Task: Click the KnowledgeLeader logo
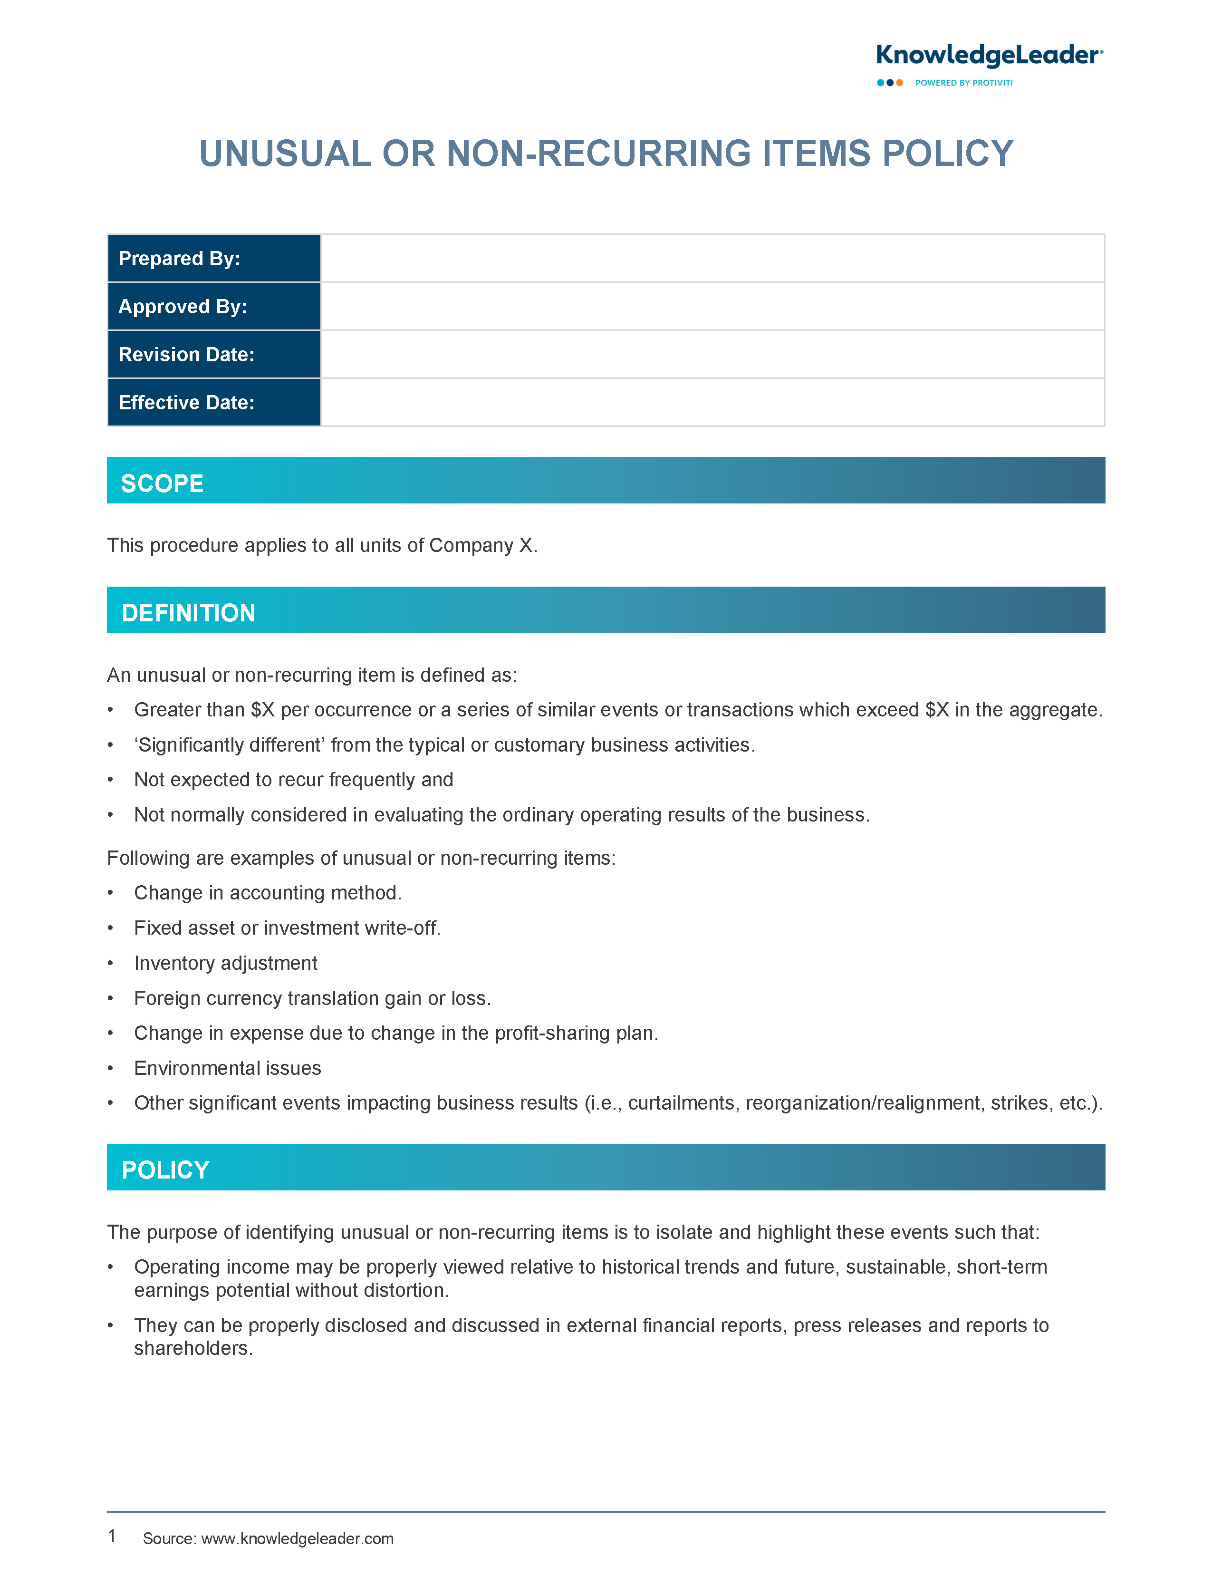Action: pyautogui.click(x=988, y=56)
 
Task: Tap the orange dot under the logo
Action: pyautogui.click(x=900, y=83)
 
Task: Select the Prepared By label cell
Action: pyautogui.click(x=213, y=258)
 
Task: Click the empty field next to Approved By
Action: pyautogui.click(x=712, y=307)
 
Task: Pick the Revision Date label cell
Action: pyautogui.click(x=213, y=354)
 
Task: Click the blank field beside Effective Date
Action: pyautogui.click(x=712, y=403)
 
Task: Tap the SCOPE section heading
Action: pyautogui.click(x=163, y=483)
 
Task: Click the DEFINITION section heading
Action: pyautogui.click(x=188, y=613)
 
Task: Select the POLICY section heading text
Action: pyautogui.click(x=165, y=1169)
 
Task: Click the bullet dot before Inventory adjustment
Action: pyautogui.click(x=110, y=964)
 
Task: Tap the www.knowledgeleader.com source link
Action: pyautogui.click(x=297, y=1539)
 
